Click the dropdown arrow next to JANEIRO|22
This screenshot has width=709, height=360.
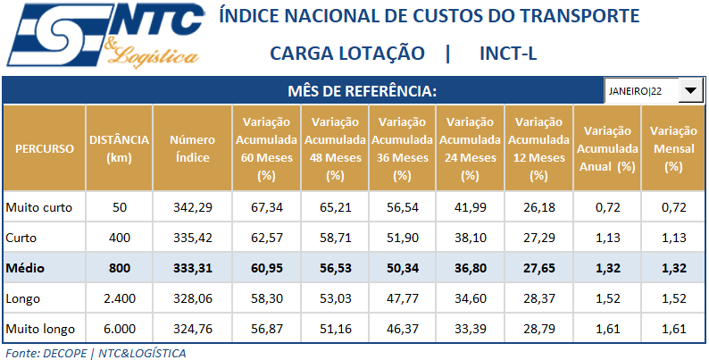tap(691, 91)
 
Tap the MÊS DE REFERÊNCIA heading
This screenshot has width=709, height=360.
tap(363, 91)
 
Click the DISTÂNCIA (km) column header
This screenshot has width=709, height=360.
tap(119, 148)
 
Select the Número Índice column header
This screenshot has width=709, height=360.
tap(190, 148)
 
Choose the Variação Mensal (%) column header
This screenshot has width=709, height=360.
tap(674, 148)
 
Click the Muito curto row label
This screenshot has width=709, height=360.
tap(38, 208)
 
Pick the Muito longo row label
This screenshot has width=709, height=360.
tap(40, 329)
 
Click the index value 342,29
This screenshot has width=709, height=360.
tap(190, 208)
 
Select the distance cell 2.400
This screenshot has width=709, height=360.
tap(119, 298)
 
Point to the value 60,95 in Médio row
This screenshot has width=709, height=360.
tap(264, 268)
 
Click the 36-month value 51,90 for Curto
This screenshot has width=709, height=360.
tap(401, 239)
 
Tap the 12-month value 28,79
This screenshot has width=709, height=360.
tap(538, 329)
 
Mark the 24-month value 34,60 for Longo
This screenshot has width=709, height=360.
tap(470, 298)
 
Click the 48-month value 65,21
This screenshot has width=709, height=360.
tap(333, 208)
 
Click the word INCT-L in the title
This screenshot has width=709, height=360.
tap(508, 54)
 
